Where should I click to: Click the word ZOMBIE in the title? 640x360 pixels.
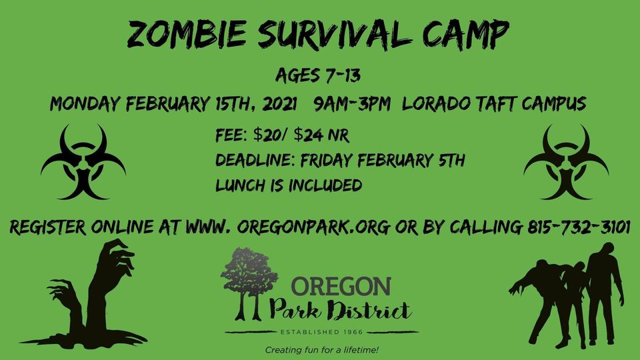tap(187, 34)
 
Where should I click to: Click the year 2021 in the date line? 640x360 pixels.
tap(279, 104)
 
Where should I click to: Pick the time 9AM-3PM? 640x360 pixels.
tap(352, 104)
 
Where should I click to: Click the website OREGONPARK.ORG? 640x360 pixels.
tap(313, 227)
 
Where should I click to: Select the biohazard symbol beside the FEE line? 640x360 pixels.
tap(83, 162)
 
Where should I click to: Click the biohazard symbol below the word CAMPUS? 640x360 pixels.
tap(566, 162)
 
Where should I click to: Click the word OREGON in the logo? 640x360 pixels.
tap(341, 286)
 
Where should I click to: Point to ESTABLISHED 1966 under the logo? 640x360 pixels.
tap(321, 332)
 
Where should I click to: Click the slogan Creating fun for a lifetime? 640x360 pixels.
tap(321, 350)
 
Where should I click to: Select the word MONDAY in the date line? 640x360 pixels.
tap(85, 104)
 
